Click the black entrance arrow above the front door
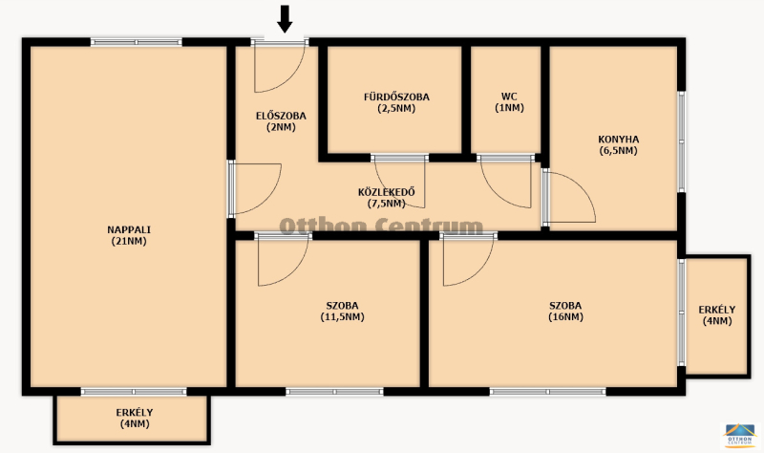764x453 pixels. (x=285, y=19)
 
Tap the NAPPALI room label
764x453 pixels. (x=129, y=229)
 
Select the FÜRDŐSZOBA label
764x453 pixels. (x=396, y=97)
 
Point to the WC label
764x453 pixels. (x=509, y=97)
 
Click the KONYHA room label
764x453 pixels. (x=618, y=140)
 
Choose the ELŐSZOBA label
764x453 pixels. (x=281, y=116)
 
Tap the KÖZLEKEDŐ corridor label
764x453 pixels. (x=387, y=192)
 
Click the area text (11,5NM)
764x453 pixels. (x=342, y=317)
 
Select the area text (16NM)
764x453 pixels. (x=565, y=317)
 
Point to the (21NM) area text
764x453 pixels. (x=129, y=241)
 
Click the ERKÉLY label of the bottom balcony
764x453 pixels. (x=135, y=413)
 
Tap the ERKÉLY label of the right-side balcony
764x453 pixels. (x=717, y=310)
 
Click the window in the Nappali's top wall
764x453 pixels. (x=136, y=42)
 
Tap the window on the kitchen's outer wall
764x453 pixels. (x=682, y=141)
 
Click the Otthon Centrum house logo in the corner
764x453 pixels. (x=740, y=436)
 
